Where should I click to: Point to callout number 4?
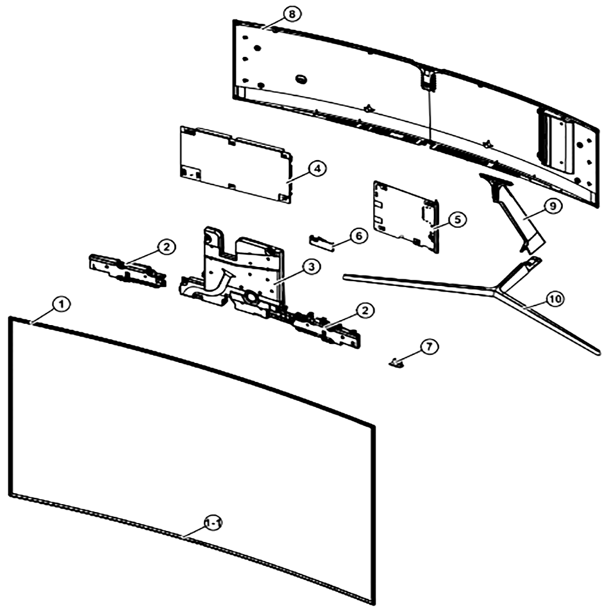(x=318, y=169)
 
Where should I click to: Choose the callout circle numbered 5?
(x=457, y=219)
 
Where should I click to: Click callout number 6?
(x=358, y=236)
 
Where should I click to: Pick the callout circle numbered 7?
(x=429, y=346)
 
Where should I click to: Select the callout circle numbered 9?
(x=552, y=206)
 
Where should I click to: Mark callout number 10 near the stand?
(x=555, y=299)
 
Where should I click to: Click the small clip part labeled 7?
(x=397, y=363)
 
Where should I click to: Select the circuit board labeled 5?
(x=406, y=217)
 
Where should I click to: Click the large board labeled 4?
(x=236, y=165)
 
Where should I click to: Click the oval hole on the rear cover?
(x=301, y=79)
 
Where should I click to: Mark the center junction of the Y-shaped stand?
(x=493, y=290)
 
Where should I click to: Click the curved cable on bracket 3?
(x=218, y=279)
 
